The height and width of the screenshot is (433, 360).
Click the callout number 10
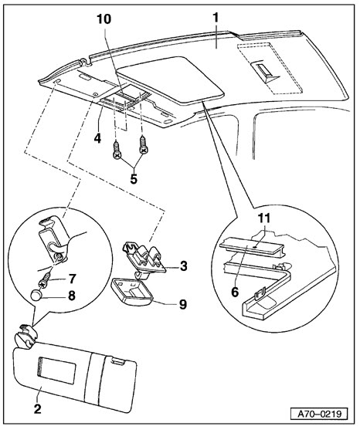[x=104, y=19]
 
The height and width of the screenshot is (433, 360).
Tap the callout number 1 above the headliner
[x=216, y=17]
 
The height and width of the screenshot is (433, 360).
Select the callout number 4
[x=97, y=138]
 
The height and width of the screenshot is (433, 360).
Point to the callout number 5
[x=134, y=179]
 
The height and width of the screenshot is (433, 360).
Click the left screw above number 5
[x=117, y=151]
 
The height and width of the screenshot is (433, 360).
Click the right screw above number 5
[x=144, y=144]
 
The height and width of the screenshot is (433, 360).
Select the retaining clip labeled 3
[x=144, y=260]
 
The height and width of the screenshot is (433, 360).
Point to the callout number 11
[x=263, y=218]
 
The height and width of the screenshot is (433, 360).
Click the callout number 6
[x=235, y=292]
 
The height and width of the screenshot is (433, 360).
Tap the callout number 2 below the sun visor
[x=37, y=409]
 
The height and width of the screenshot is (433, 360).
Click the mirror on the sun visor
[x=56, y=371]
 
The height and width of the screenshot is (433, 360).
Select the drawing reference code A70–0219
[x=319, y=414]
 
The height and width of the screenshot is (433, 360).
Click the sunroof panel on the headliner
[x=170, y=80]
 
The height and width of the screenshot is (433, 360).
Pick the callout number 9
[x=183, y=304]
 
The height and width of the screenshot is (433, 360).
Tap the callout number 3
[x=184, y=266]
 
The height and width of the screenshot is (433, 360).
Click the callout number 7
[x=72, y=279]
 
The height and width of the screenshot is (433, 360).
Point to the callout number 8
[x=72, y=296]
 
